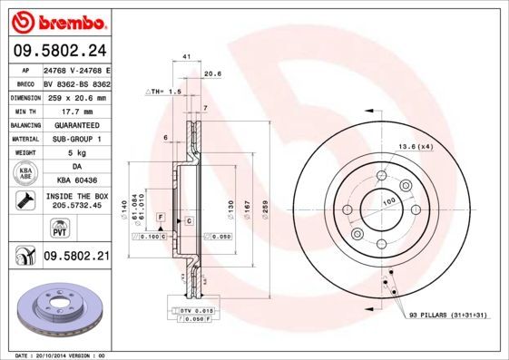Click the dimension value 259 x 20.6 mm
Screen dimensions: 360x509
[76, 97]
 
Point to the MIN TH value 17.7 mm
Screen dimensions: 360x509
[76, 111]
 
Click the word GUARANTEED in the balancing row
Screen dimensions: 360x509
[76, 124]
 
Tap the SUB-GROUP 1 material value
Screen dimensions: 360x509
[76, 139]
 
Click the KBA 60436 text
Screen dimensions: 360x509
[76, 180]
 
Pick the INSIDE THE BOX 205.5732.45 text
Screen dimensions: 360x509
[76, 200]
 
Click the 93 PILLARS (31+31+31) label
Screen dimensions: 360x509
[448, 314]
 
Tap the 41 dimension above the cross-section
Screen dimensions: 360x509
[186, 56]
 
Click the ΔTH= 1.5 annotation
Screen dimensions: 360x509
[163, 92]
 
